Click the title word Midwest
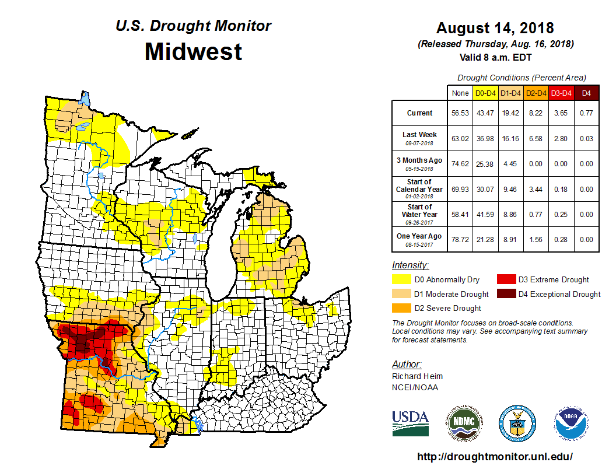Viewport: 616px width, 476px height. pos(193,51)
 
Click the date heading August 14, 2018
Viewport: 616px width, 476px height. pos(495,28)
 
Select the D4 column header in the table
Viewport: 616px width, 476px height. pos(586,93)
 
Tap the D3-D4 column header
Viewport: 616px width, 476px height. pos(561,93)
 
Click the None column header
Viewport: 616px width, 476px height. pos(460,93)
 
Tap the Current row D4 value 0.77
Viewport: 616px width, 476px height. pos(586,113)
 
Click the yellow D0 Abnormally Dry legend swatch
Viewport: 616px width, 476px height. pos(401,279)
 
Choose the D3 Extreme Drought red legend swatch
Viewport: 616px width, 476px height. pos(506,279)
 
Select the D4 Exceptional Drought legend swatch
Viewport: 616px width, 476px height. pos(506,294)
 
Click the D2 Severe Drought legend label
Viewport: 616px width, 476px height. pos(447,308)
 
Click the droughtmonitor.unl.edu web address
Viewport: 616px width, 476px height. pos(495,457)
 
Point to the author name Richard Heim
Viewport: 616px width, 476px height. pos(417,376)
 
